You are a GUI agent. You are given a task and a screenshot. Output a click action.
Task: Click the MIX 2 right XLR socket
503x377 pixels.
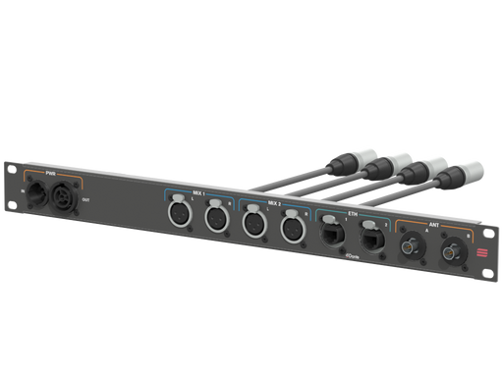tap(291, 230)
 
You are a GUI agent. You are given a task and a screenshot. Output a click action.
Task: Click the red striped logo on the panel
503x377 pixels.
tap(484, 256)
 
